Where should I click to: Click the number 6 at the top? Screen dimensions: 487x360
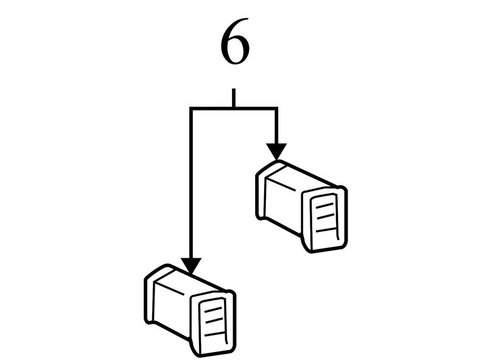tap(235, 41)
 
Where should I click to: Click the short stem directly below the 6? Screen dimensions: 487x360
tap(234, 98)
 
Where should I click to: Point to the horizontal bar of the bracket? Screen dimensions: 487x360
tap(234, 109)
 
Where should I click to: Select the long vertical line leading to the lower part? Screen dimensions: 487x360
tap(191, 183)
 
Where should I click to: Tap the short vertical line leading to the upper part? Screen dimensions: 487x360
tap(276, 126)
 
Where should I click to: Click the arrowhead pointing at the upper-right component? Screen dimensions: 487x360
tap(276, 152)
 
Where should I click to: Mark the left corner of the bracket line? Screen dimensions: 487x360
tap(191, 109)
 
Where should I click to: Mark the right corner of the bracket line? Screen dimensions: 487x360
tap(276, 109)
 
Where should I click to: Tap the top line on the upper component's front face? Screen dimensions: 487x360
tap(324, 205)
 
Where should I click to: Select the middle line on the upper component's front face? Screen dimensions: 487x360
tap(326, 216)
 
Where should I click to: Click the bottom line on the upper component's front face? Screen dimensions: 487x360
tap(326, 230)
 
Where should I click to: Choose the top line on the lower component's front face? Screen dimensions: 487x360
tap(212, 309)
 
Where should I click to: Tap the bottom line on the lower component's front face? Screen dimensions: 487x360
tap(214, 334)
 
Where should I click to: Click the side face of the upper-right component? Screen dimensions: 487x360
tap(283, 206)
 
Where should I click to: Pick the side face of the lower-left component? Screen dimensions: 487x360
tap(172, 310)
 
